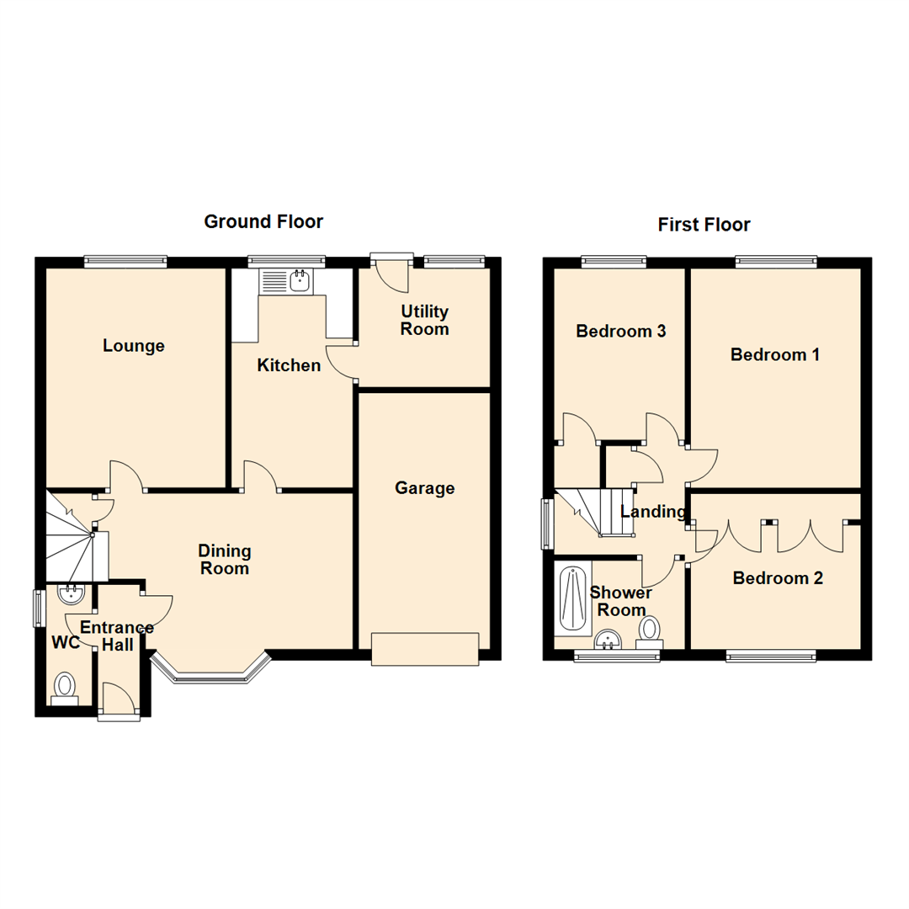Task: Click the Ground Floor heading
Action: coord(263,222)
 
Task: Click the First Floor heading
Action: coord(704,225)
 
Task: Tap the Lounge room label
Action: coord(134,346)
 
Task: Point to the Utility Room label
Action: coord(424,321)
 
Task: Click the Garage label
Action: coord(424,488)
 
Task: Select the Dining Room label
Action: coord(225,560)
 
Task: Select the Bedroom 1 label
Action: coord(774,354)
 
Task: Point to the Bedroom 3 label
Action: coord(620,332)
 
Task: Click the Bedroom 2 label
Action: coord(777,578)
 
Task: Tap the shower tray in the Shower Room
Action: coord(572,599)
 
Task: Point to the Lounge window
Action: coord(125,261)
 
